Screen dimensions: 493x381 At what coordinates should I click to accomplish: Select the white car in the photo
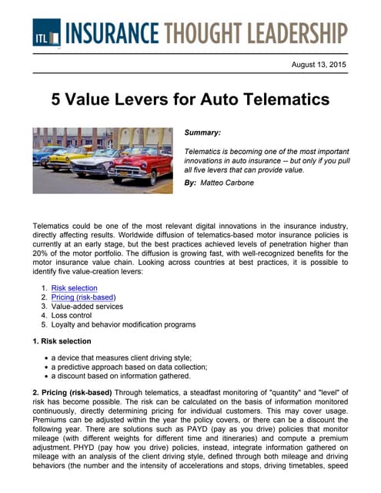click(105, 163)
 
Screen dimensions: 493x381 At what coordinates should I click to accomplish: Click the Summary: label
click(202, 133)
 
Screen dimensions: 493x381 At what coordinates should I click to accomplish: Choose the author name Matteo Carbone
click(232, 182)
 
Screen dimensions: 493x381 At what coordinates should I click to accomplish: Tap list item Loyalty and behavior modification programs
click(123, 325)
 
